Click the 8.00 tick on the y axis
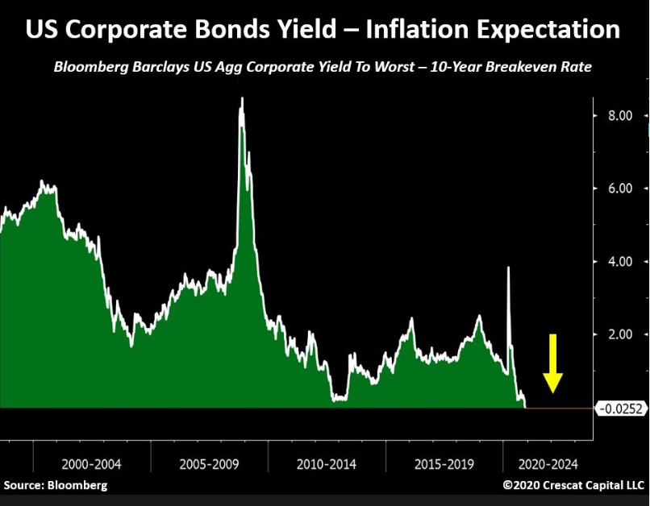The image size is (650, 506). coord(620,116)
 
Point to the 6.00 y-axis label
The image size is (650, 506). coord(620,189)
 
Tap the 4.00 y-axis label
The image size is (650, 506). coord(620,262)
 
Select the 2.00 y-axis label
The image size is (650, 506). coord(620,334)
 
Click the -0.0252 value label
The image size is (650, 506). coord(622,409)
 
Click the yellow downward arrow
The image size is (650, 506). coord(552,363)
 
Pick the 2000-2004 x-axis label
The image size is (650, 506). coord(91,466)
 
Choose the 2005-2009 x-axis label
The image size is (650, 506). coord(209,466)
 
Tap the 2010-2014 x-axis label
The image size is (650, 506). coord(326,466)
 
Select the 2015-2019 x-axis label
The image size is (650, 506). coord(443,466)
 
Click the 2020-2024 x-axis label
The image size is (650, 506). coord(548,466)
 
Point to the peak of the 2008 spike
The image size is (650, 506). coord(241,99)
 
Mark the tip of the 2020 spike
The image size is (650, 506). coord(508,268)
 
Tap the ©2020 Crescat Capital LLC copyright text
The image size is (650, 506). coord(573,486)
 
